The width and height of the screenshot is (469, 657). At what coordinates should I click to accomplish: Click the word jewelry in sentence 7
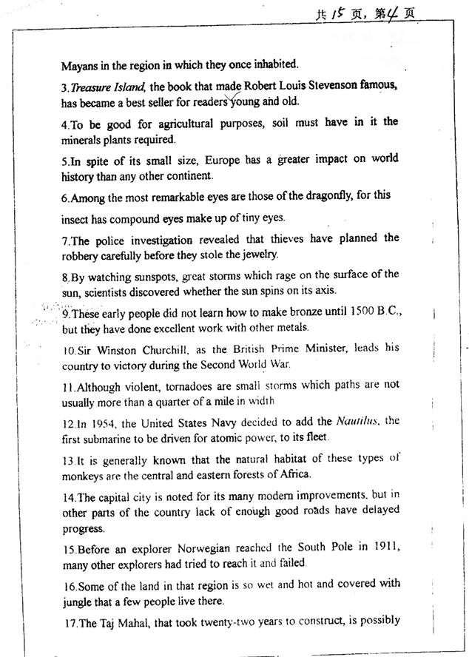(x=257, y=255)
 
